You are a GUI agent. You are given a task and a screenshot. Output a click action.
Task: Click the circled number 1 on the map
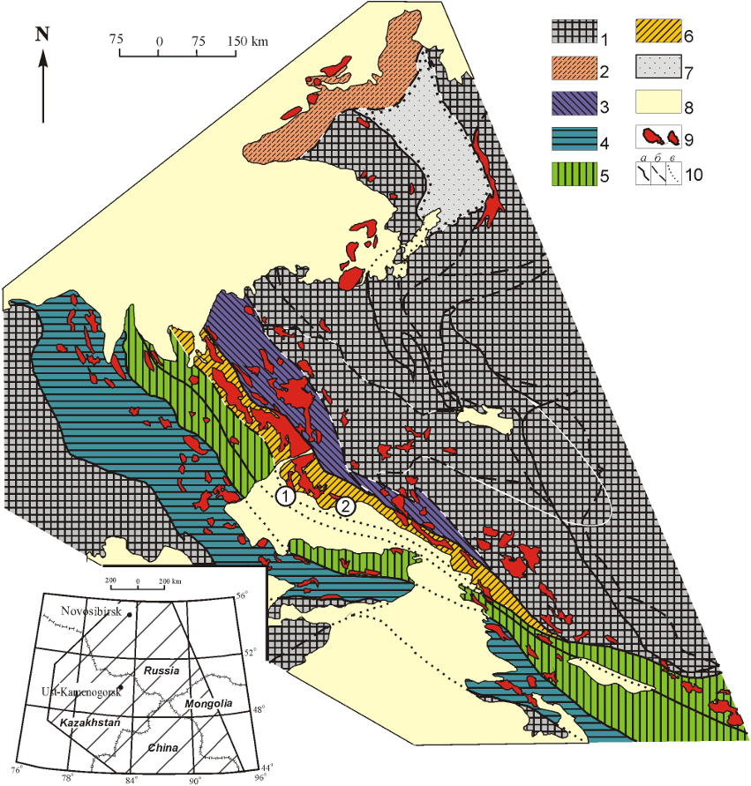pyautogui.click(x=285, y=496)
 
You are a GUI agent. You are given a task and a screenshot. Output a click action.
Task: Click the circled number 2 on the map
pyautogui.click(x=345, y=505)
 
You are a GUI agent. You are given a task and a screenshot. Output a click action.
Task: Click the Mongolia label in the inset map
pyautogui.click(x=209, y=704)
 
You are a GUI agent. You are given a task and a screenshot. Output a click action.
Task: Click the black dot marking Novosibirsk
pyautogui.click(x=130, y=613)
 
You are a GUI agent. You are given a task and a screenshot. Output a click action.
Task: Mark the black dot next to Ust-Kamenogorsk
pyautogui.click(x=120, y=687)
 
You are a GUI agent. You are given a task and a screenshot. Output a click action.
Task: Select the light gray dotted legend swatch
pyautogui.click(x=658, y=68)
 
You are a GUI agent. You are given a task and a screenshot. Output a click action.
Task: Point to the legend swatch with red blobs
pyautogui.click(x=658, y=138)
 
